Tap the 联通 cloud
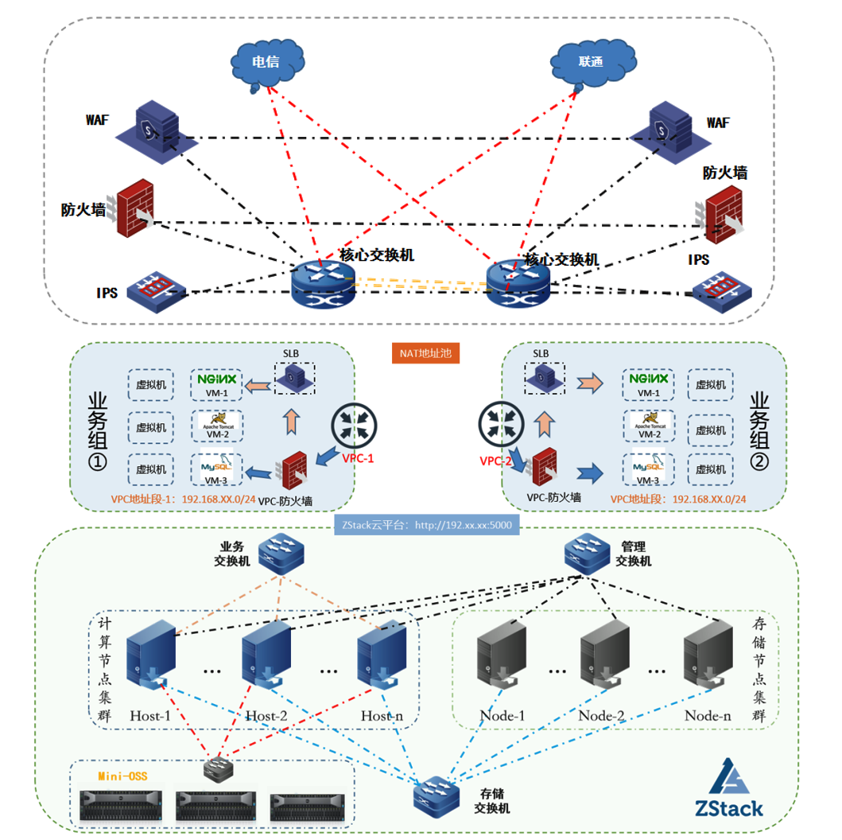click(590, 62)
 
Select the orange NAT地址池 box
click(426, 352)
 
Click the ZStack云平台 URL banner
click(426, 525)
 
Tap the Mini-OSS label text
click(122, 776)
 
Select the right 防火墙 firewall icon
click(722, 213)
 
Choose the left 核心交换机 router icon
click(321, 285)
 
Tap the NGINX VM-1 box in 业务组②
click(649, 385)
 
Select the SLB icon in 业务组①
click(294, 378)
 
